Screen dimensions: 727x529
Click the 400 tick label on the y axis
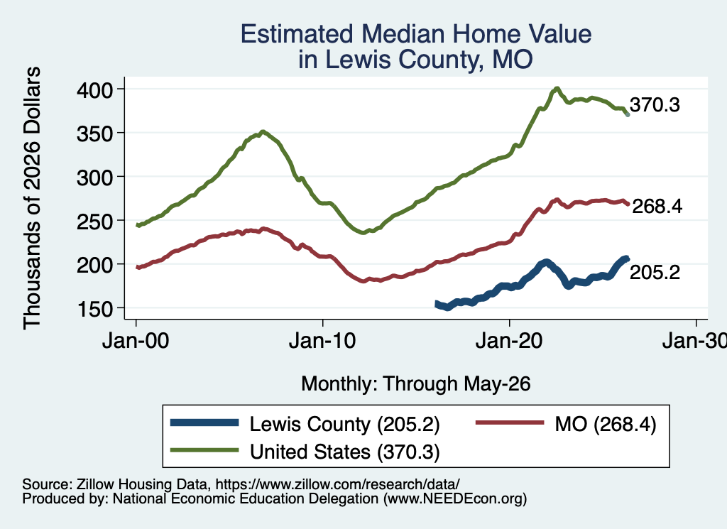pos(94,89)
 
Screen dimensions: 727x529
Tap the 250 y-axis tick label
pos(94,221)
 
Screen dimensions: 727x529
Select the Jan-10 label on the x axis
pos(322,342)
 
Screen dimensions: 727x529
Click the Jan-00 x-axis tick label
pos(136,342)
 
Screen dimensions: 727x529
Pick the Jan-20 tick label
pos(509,342)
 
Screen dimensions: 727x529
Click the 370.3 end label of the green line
pos(655,105)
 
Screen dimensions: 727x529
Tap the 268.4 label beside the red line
pos(657,207)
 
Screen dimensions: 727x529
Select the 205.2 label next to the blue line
pos(655,272)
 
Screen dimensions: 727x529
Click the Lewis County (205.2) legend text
pos(344,424)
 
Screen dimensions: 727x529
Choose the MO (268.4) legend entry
pos(606,424)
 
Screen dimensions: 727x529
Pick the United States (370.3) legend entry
pos(344,452)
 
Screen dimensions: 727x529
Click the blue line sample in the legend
pos(204,422)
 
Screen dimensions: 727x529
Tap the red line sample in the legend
pos(510,422)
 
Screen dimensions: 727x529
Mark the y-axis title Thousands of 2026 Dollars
pos(33,198)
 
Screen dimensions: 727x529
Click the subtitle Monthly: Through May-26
pos(416,384)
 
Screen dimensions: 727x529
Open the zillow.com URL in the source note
pos(337,484)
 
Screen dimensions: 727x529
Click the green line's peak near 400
pos(557,88)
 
